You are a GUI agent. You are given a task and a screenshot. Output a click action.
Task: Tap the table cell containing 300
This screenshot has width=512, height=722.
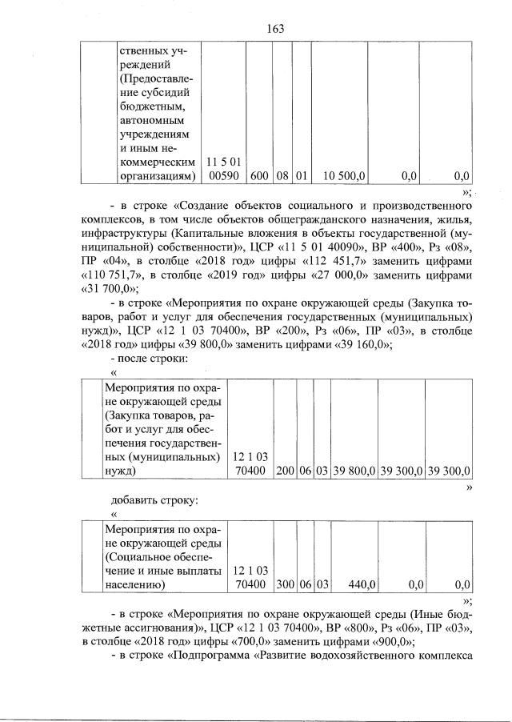tap(285, 585)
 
